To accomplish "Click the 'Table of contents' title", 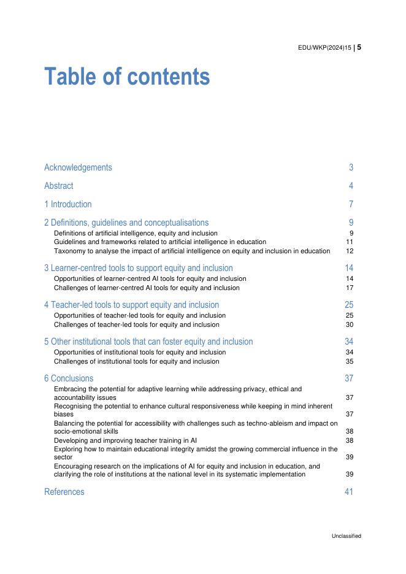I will [127, 77].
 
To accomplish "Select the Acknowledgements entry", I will [78, 167].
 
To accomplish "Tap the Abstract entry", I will [58, 186].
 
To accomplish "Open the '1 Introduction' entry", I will [67, 204].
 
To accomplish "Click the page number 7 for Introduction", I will [351, 204].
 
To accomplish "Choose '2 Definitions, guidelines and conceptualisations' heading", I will [126, 223].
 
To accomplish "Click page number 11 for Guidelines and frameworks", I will [350, 242].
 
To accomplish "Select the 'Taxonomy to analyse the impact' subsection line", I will [191, 251].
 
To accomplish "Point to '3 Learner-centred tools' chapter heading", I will [138, 268].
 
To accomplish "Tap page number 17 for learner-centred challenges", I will [350, 288].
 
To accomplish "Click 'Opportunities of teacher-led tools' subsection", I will [140, 316].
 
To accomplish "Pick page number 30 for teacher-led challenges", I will [350, 324].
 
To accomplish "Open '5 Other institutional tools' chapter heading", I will [148, 342].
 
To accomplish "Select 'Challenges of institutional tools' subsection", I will [136, 361].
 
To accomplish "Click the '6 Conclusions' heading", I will [69, 378].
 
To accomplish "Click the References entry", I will [64, 492].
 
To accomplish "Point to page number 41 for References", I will [349, 492].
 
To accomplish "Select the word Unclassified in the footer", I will [347, 536].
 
